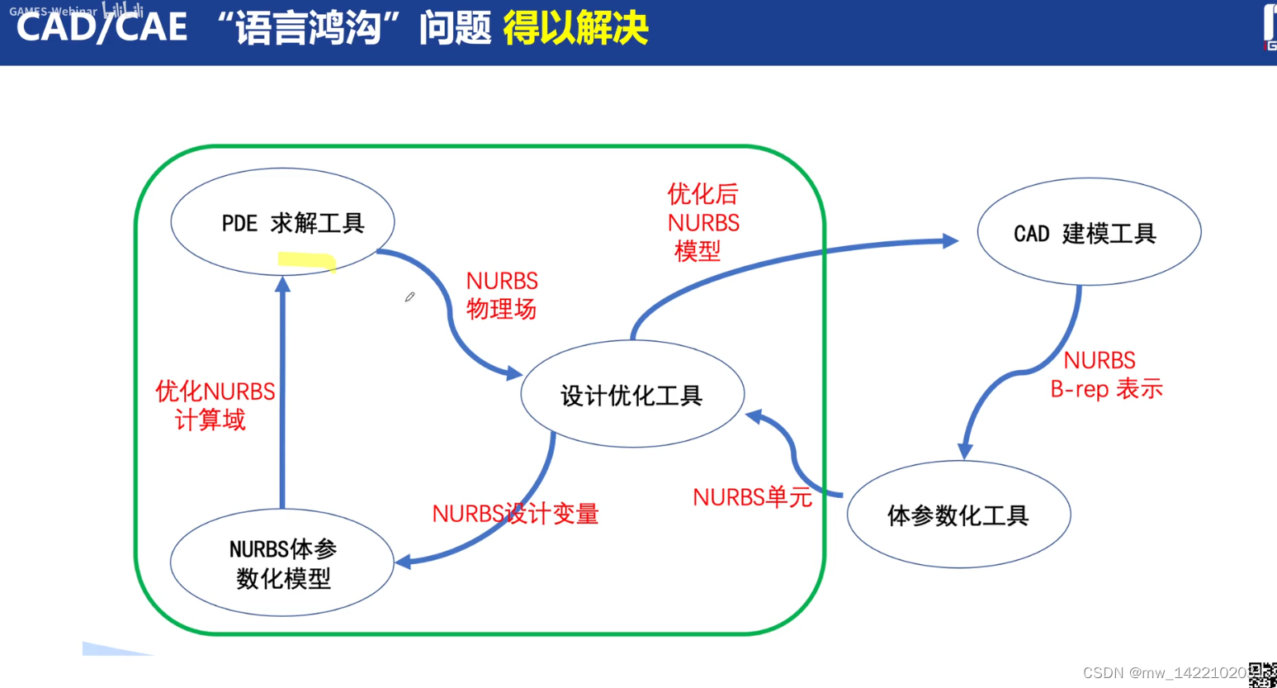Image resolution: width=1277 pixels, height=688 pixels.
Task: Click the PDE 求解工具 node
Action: [x=282, y=222]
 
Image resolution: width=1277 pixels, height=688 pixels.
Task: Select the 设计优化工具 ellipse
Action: [x=632, y=395]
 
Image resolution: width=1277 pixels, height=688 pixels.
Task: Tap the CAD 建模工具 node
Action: [x=1089, y=232]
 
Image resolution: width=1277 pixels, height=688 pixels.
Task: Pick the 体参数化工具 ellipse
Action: [x=958, y=515]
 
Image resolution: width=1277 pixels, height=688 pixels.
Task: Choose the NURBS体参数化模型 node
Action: [x=282, y=562]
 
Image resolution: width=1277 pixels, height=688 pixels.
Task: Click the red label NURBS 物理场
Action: [x=502, y=295]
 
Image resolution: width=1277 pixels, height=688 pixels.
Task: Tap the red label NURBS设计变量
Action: [x=515, y=514]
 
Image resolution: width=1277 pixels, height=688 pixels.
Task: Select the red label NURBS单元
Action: [x=752, y=497]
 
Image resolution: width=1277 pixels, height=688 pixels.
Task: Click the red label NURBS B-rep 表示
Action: [x=1104, y=374]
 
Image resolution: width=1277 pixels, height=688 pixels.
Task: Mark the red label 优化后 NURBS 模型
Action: [x=703, y=222]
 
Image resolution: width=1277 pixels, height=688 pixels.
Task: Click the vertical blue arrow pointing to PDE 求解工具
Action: [x=282, y=396]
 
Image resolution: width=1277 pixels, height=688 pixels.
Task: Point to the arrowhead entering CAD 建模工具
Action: [x=950, y=241]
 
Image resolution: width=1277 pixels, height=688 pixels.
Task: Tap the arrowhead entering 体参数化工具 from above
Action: [x=964, y=451]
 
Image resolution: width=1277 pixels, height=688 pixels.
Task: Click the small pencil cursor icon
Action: [x=409, y=297]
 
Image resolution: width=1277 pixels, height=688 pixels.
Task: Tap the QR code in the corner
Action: [x=1262, y=675]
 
